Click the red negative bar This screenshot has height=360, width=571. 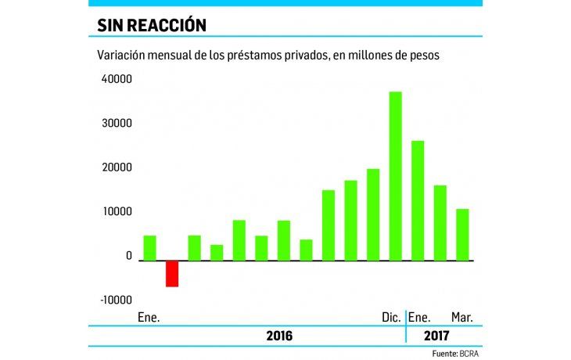tap(171, 273)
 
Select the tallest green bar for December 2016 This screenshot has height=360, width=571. tap(395, 176)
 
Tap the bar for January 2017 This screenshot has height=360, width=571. tap(418, 200)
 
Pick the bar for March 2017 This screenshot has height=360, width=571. tap(462, 234)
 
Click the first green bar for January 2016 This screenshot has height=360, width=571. tap(149, 247)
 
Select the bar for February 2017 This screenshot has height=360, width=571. tap(440, 222)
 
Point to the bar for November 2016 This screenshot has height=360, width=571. tap(373, 214)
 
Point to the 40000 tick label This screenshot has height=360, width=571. tap(117, 80)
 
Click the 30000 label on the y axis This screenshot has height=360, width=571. tap(117, 124)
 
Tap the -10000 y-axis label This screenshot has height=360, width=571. tap(115, 300)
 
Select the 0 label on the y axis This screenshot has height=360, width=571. tap(129, 256)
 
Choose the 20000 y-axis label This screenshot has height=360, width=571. tap(117, 167)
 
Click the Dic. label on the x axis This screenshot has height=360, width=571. tap(391, 317)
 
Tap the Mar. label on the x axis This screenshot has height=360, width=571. tap(461, 317)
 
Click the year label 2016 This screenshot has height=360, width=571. tap(278, 336)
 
